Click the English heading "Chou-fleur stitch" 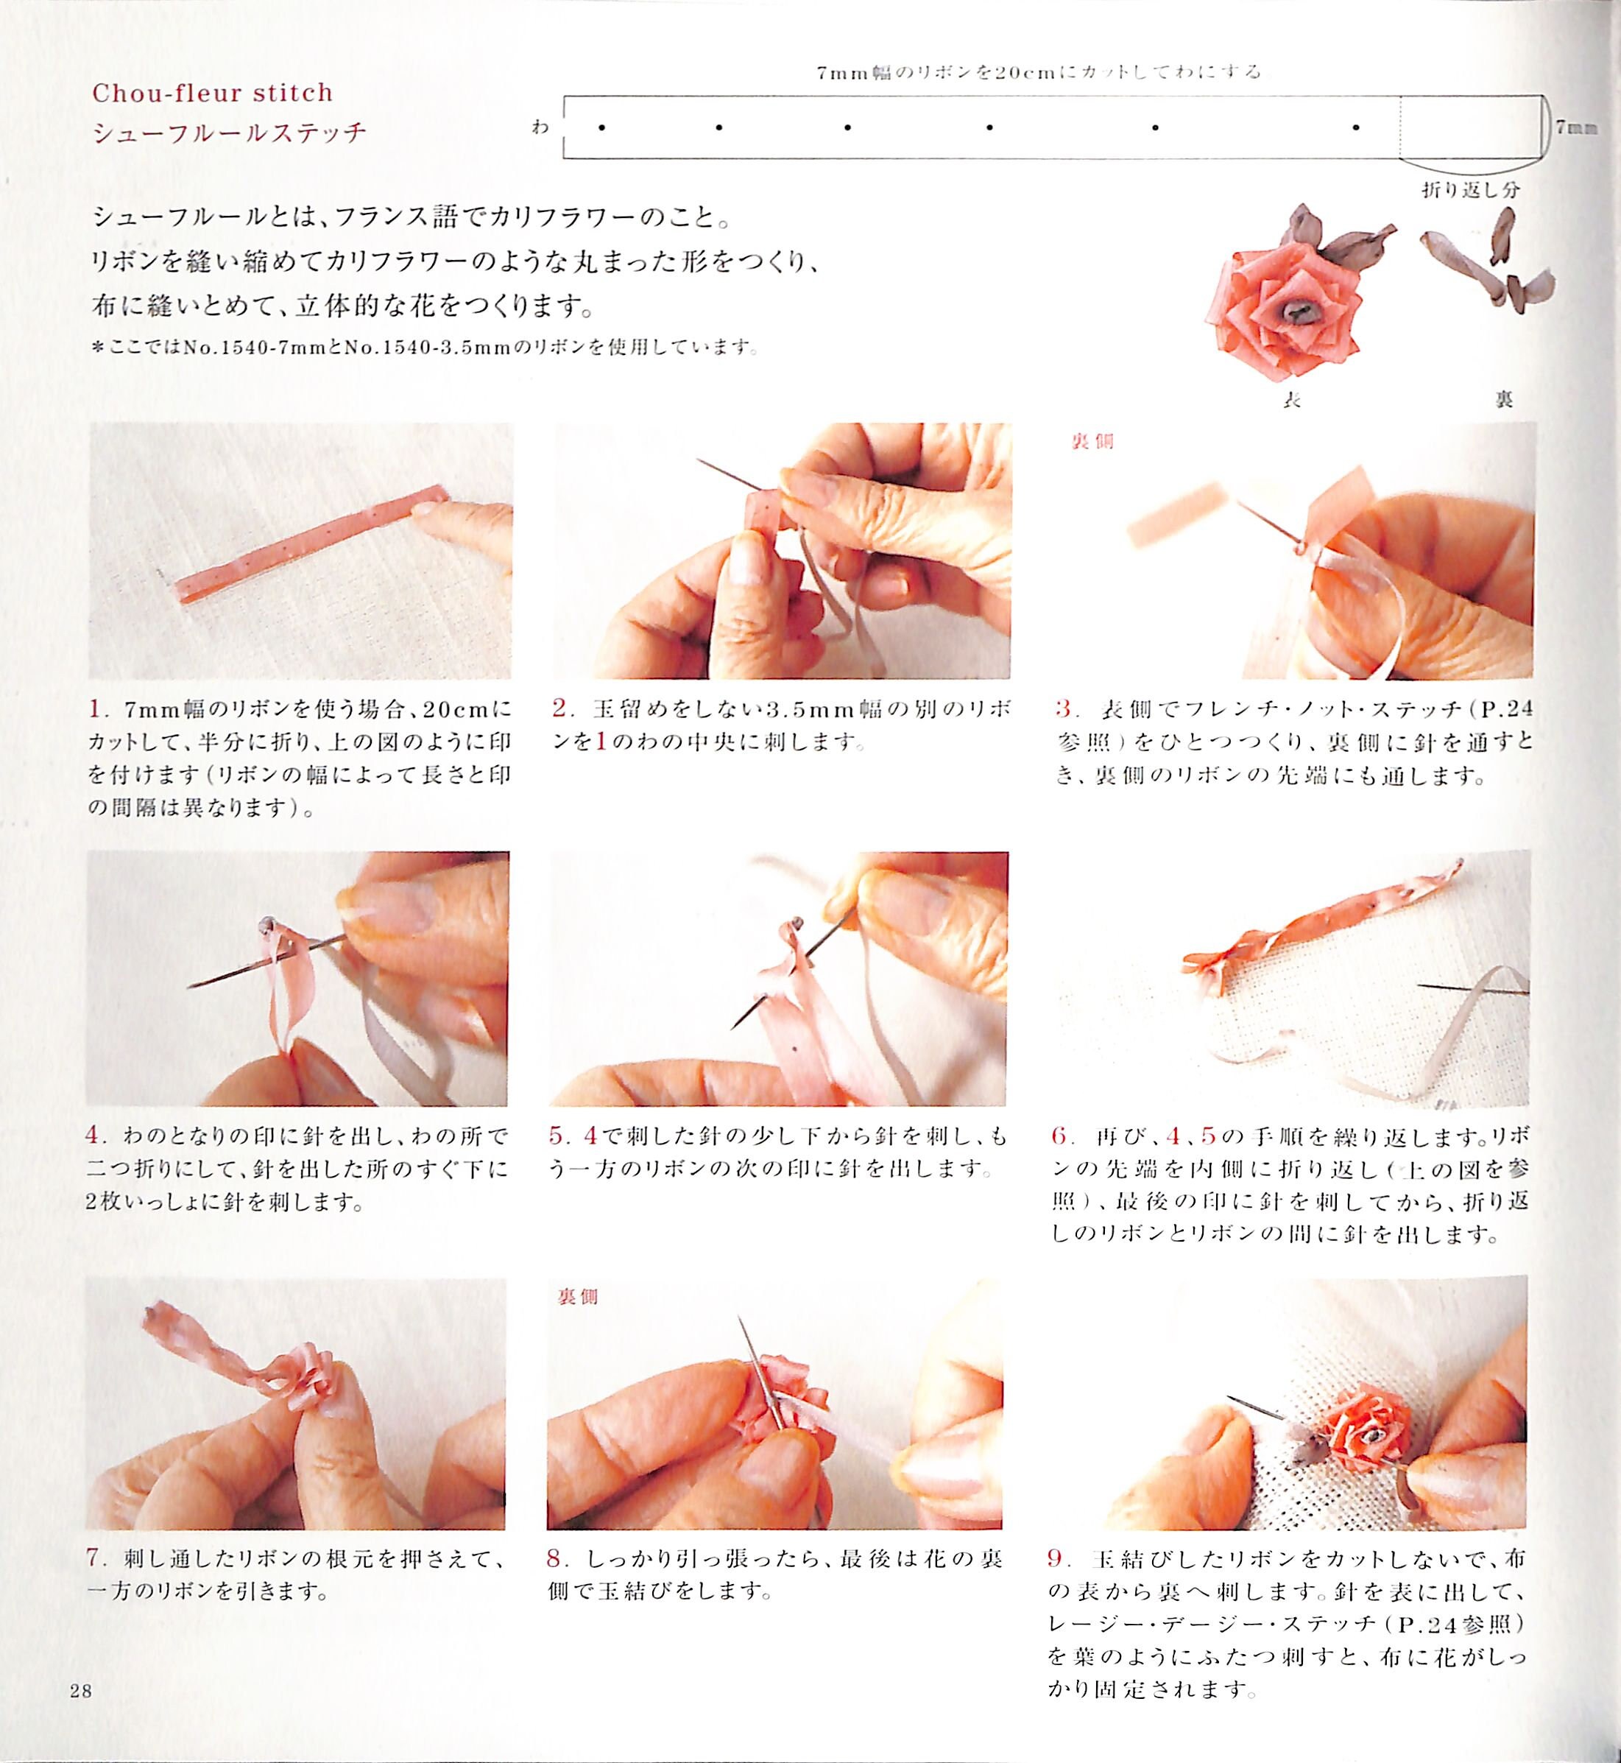tap(212, 92)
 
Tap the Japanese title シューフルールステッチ tap(229, 133)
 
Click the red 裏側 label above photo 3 tap(1092, 441)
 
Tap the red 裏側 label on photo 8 tap(577, 1296)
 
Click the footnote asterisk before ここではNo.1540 tap(97, 348)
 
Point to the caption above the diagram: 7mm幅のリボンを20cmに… tap(1039, 72)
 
